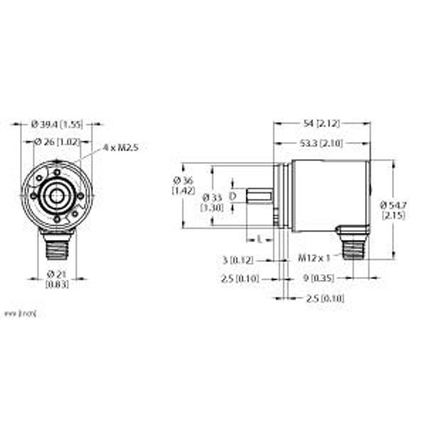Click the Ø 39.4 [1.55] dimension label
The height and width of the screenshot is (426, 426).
click(x=58, y=124)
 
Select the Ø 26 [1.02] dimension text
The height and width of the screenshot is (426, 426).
click(x=58, y=142)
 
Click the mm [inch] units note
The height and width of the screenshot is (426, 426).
click(x=20, y=313)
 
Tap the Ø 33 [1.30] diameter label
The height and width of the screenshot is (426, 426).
click(x=212, y=201)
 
